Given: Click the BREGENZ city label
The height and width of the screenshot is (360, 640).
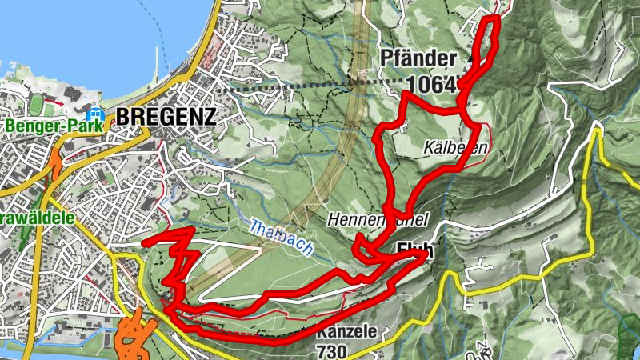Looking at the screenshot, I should coord(166,117).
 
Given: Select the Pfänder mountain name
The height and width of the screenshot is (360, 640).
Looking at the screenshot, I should coord(418,58).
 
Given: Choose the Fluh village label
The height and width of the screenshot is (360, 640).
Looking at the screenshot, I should coord(414,249).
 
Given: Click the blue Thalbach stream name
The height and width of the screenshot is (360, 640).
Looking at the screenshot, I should coord(280,238).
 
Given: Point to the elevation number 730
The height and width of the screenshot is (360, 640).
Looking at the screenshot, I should coord(332,350).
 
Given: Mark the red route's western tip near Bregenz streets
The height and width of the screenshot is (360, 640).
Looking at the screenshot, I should coord(145,241).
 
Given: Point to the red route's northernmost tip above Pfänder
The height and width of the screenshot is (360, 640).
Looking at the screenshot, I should coord(492,18).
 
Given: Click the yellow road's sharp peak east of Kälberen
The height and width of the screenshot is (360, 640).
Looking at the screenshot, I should coord(595,127).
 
